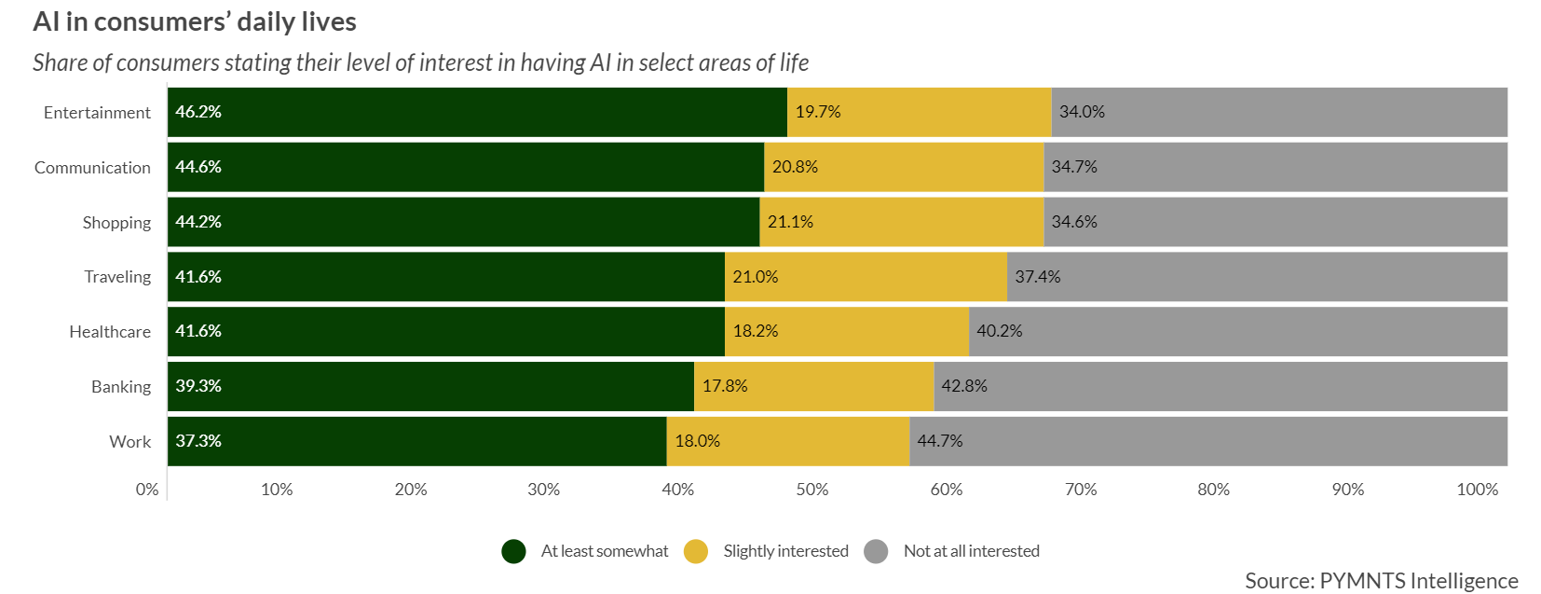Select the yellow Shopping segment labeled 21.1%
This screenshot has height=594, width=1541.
[901, 222]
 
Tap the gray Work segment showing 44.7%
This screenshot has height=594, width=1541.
[1208, 441]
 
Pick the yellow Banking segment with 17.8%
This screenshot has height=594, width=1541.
[813, 386]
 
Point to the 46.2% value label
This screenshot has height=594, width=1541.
[198, 112]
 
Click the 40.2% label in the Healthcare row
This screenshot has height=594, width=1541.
[999, 331]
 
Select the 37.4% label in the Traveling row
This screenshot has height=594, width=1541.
[1037, 277]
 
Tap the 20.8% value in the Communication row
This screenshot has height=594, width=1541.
[795, 167]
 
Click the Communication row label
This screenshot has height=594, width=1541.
[92, 168]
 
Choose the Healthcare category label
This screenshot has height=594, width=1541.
[110, 332]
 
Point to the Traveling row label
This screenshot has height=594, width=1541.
[117, 277]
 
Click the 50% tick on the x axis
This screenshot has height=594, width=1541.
[811, 490]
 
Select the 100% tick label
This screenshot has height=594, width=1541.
[1477, 490]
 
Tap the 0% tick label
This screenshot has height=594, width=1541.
[147, 490]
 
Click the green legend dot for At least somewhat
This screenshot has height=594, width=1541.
[513, 552]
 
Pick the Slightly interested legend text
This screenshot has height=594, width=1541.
[785, 551]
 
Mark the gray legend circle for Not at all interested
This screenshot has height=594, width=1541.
[876, 552]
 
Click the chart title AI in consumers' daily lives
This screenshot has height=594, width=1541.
[195, 21]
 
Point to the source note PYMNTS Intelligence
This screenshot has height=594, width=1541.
[1381, 581]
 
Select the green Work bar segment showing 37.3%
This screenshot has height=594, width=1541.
[416, 441]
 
